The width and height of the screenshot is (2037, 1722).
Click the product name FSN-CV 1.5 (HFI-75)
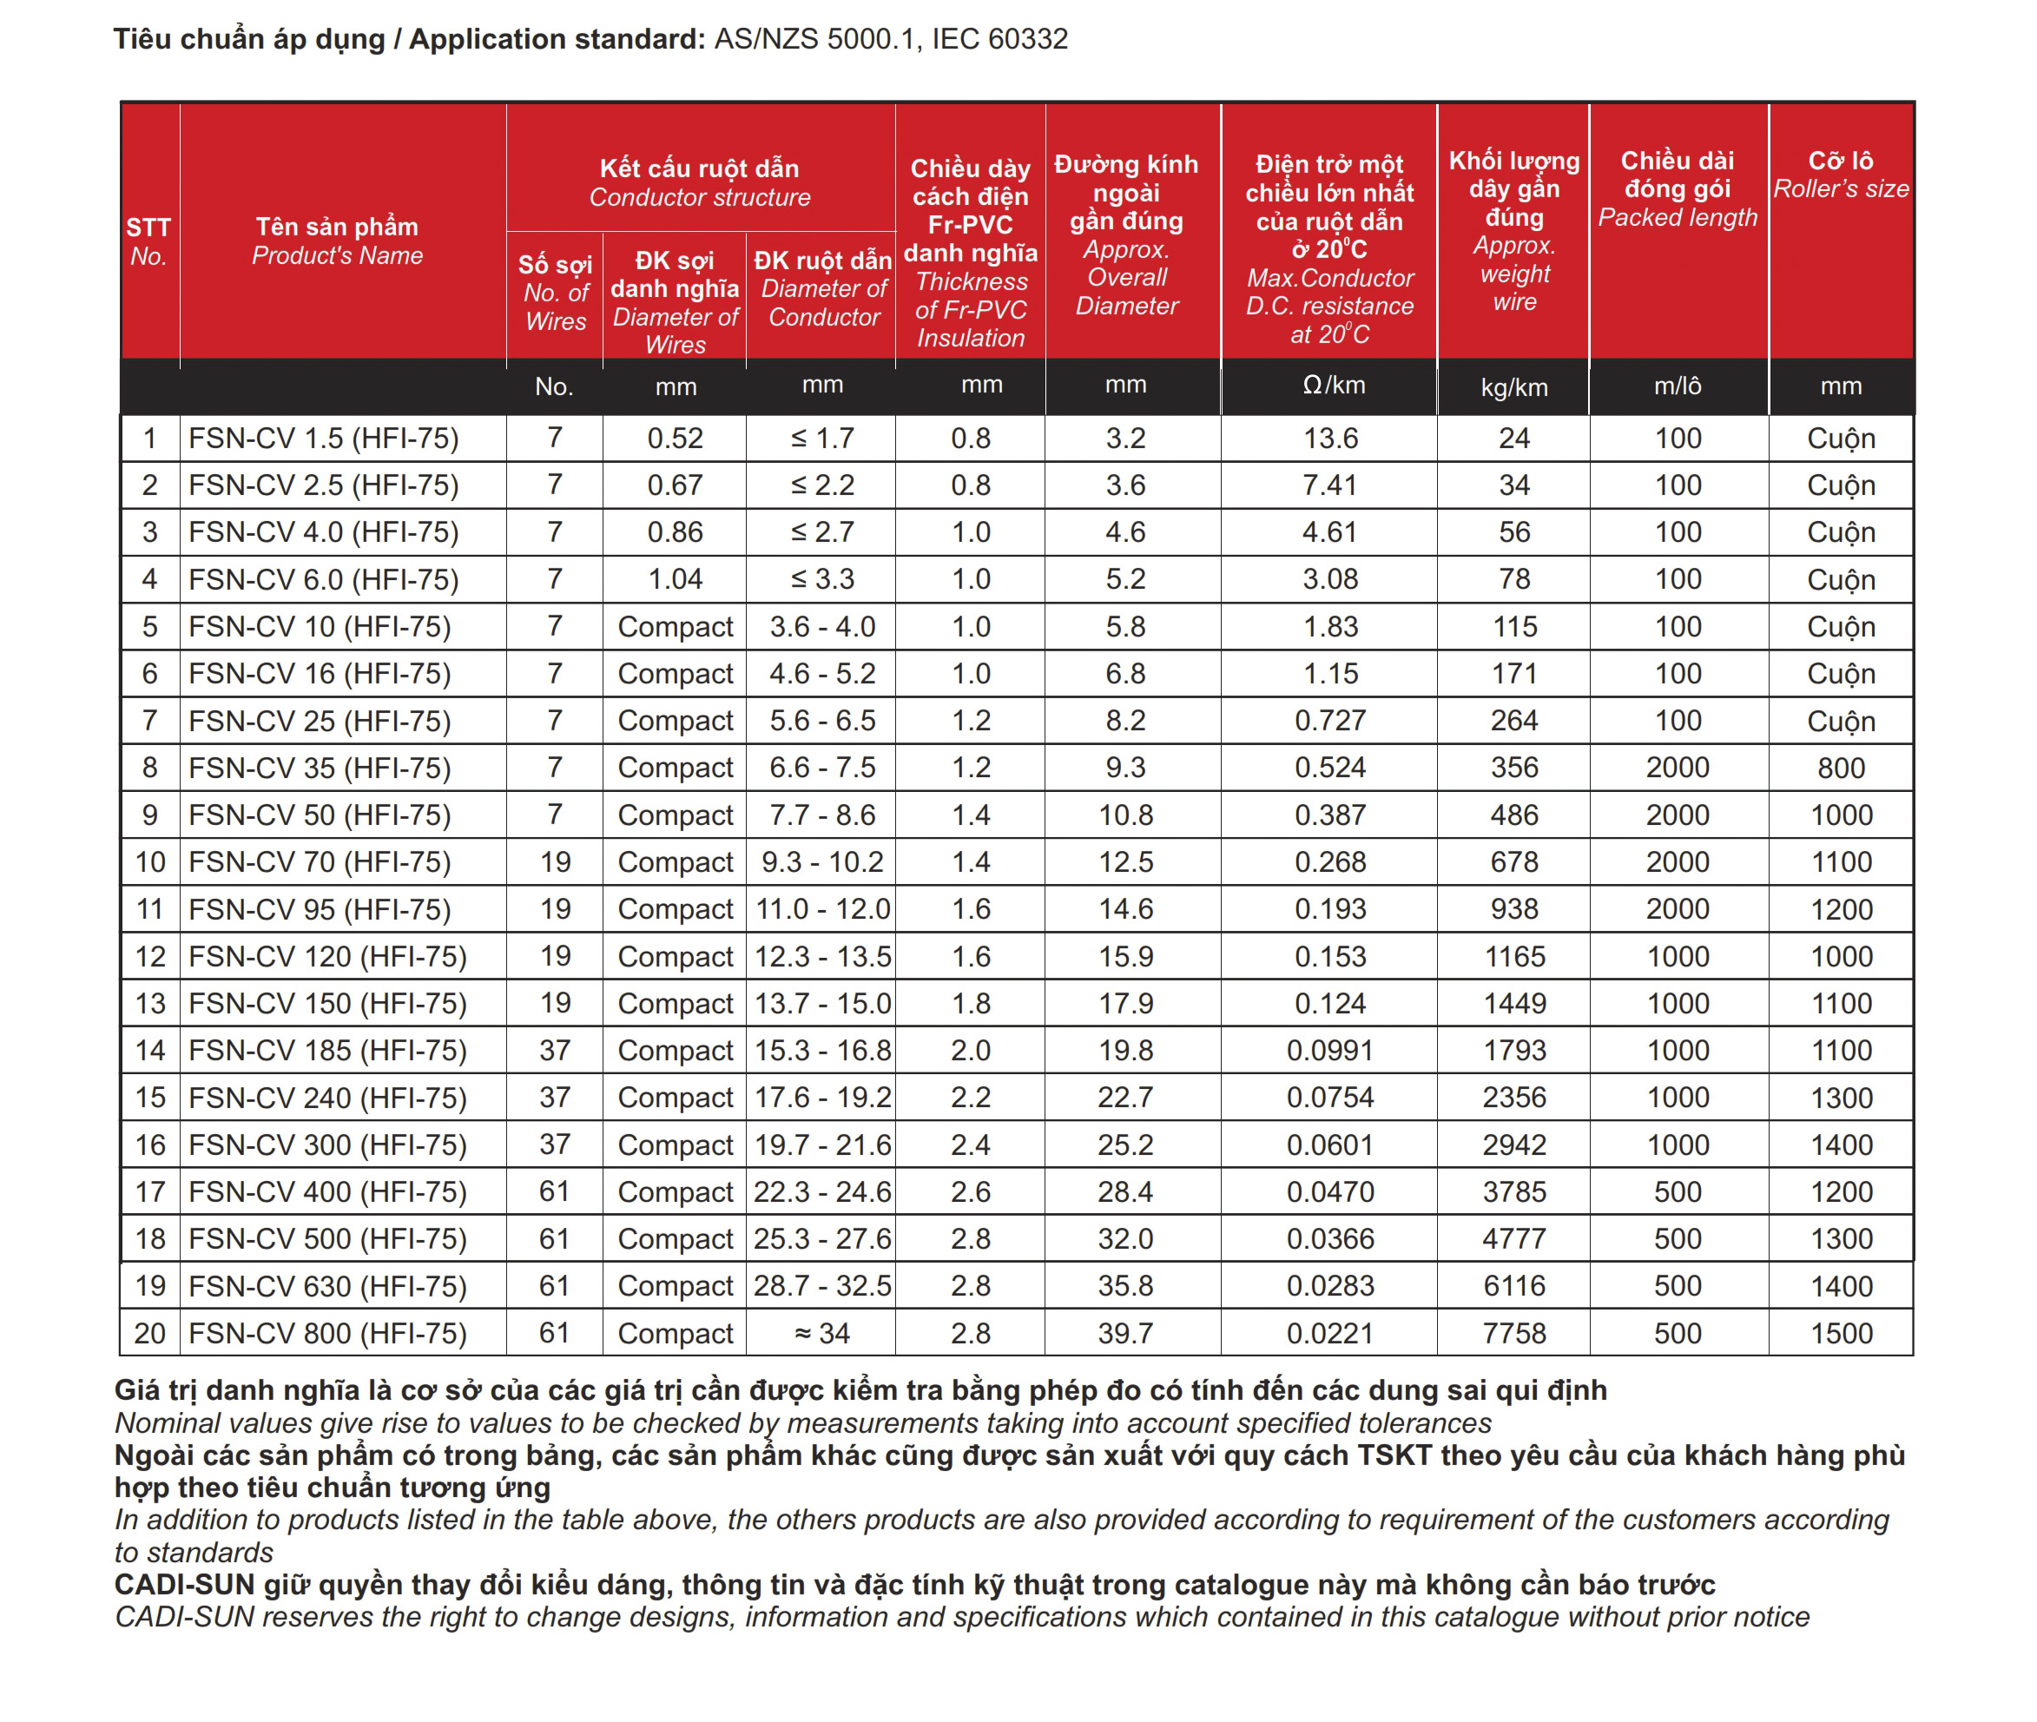point(323,439)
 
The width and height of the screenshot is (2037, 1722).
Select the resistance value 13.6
point(1329,439)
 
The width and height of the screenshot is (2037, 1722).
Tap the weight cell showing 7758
point(1513,1334)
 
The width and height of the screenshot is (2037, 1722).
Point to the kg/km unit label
point(1513,387)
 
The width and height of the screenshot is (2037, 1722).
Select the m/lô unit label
point(1677,386)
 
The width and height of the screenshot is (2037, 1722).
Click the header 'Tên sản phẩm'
point(337,227)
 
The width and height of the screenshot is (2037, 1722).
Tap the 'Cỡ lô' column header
point(1840,160)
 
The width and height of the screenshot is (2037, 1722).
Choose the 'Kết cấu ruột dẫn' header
point(699,168)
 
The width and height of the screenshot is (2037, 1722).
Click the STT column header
point(148,228)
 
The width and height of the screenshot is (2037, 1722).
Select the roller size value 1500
point(1841,1334)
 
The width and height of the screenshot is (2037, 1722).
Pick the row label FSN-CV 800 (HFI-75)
point(327,1334)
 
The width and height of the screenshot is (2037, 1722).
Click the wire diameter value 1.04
point(675,580)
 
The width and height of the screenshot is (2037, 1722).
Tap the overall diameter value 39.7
point(1125,1334)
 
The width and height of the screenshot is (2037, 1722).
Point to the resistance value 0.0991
point(1329,1051)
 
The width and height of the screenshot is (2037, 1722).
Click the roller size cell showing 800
point(1841,769)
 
